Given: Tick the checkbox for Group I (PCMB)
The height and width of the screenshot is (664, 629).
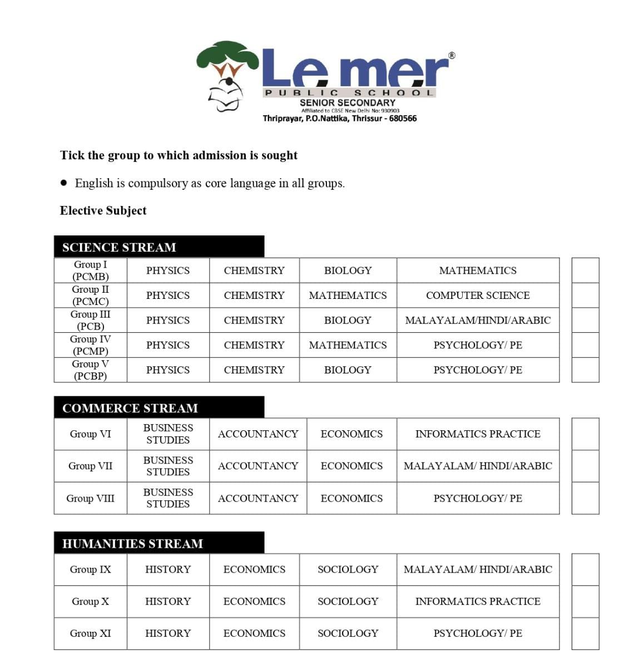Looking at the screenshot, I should (x=585, y=270).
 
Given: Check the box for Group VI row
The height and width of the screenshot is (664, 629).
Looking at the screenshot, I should (x=585, y=434).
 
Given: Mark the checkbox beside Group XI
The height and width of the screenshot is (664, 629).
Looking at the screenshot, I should (x=585, y=633).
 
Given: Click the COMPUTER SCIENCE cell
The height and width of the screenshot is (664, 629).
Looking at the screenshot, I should (x=478, y=296).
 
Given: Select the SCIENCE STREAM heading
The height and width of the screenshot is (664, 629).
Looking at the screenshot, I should (x=119, y=248).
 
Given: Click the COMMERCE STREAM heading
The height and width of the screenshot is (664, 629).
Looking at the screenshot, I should (x=130, y=409).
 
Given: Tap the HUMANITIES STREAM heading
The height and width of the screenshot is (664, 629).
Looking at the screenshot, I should (x=132, y=544).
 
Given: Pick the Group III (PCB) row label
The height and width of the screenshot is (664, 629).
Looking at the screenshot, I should (x=90, y=321).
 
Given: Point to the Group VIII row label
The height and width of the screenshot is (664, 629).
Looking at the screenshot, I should (x=90, y=499).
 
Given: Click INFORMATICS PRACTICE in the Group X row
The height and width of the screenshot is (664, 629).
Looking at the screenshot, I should (x=478, y=602).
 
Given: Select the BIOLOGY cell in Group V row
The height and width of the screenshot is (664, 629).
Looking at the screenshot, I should (x=348, y=370).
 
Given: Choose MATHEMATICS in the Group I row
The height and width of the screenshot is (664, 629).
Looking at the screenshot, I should (x=478, y=270).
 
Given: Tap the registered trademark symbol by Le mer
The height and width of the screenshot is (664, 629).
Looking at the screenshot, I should (x=452, y=55).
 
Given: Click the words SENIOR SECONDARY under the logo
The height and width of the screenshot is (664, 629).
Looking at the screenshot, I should (x=348, y=103).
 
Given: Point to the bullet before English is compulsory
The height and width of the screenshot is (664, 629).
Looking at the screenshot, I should (x=64, y=183).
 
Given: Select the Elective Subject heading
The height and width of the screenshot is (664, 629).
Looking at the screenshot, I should (x=103, y=211).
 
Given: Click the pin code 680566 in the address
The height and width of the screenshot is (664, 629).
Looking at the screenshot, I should (x=403, y=119).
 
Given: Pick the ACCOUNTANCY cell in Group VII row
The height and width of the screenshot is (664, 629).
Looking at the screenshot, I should (x=258, y=466).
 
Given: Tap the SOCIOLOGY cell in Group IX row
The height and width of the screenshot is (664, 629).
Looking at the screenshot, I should (x=348, y=570).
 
